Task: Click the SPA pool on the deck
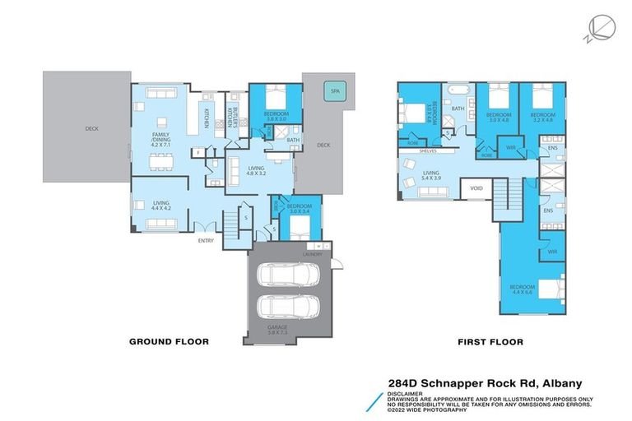tap(334, 91)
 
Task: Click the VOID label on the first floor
tap(476, 187)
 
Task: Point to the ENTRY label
tap(206, 240)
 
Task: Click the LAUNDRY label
tap(311, 254)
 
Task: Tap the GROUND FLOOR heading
tap(169, 341)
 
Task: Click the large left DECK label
tap(91, 128)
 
